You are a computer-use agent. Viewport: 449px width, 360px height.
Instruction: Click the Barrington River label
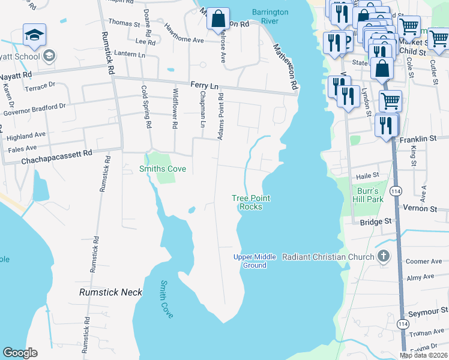pos(270,16)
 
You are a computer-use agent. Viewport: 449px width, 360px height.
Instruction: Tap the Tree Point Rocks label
pos(251,202)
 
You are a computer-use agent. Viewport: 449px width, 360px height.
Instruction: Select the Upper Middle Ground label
pos(255,261)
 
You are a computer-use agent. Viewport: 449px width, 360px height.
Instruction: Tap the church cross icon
pos(384,257)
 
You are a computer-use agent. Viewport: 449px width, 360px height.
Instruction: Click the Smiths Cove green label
pos(163,169)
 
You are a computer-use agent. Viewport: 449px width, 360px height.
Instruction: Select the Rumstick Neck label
pos(111,292)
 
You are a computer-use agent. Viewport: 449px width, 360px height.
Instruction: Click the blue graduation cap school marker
pos(34,36)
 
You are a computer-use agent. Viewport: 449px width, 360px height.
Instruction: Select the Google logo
pos(20,353)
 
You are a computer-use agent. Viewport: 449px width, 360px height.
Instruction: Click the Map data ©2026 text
pos(423,355)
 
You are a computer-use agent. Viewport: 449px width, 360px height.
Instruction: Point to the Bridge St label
pos(376,222)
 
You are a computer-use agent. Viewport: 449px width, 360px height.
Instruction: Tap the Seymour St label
pos(427,310)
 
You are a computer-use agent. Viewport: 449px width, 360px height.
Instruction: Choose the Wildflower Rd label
pos(175,109)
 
